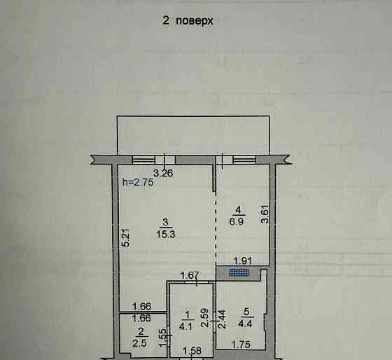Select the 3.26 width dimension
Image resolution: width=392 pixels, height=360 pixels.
(x=163, y=173)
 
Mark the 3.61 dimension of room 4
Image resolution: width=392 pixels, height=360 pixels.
(x=264, y=213)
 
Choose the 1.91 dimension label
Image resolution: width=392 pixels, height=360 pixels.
(x=241, y=259)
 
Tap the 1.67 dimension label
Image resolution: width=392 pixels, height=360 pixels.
(x=191, y=275)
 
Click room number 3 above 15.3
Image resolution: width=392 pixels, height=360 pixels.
(x=163, y=221)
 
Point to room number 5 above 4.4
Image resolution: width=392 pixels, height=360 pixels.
(x=245, y=312)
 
